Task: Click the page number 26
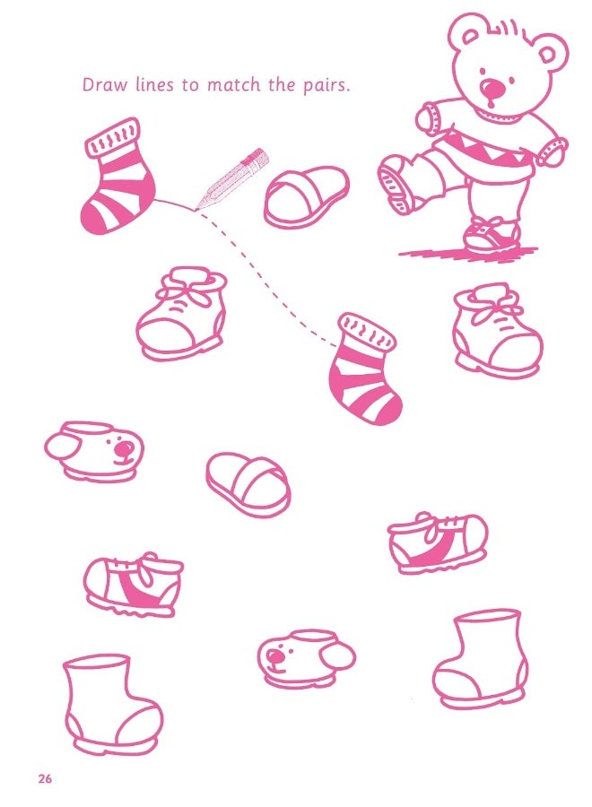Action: pos(45,778)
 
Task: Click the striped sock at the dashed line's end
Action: pos(364,369)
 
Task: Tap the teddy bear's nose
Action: pos(492,89)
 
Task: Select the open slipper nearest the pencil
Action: pos(305,196)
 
